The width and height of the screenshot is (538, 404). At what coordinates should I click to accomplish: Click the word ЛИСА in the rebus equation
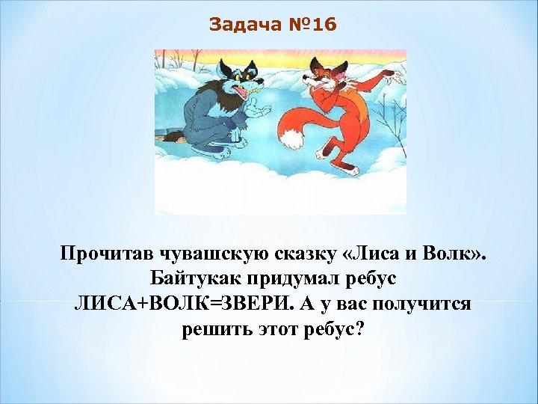tap(105, 304)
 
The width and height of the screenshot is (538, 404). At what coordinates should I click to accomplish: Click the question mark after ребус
tap(360, 329)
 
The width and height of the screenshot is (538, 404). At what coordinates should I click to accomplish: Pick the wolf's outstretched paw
tap(262, 110)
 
